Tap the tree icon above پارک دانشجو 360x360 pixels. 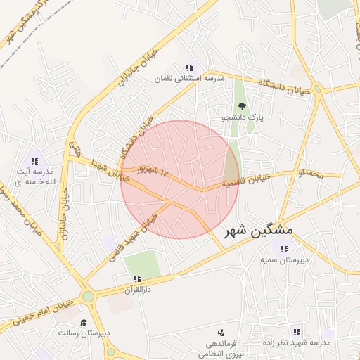[x=243, y=106]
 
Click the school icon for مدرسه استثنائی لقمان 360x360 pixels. [x=190, y=67]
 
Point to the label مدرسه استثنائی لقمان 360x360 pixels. [x=190, y=79]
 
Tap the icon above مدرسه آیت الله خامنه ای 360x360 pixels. [x=34, y=161]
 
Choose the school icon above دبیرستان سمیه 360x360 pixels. [x=285, y=248]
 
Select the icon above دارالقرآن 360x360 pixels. [x=138, y=278]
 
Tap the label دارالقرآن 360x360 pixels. [x=138, y=289]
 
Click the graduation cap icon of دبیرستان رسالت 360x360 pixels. [x=84, y=322]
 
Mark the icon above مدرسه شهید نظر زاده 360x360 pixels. [x=296, y=332]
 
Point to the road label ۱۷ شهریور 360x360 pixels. [x=155, y=171]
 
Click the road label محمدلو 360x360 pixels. [x=310, y=172]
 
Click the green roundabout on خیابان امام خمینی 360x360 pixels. [x=88, y=297]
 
